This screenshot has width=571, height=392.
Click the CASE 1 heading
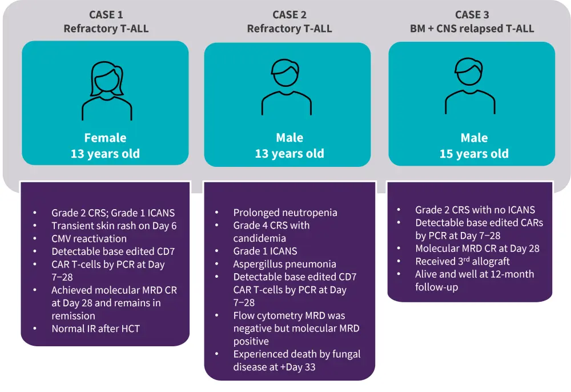pyautogui.click(x=106, y=14)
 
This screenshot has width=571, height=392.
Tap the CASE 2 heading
pyautogui.click(x=289, y=14)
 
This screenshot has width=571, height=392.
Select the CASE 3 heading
pyautogui.click(x=472, y=14)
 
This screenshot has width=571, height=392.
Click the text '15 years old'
pyautogui.click(x=473, y=154)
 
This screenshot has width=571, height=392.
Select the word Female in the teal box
pyautogui.click(x=105, y=138)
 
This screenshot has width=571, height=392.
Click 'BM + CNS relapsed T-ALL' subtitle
pyautogui.click(x=472, y=28)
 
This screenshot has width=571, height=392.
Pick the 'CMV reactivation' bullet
pyautogui.click(x=89, y=238)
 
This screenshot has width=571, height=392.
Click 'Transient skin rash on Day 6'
pyautogui.click(x=114, y=225)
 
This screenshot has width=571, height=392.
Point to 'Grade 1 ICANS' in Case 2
pyautogui.click(x=265, y=251)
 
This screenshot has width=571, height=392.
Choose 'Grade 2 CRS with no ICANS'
pyautogui.click(x=475, y=210)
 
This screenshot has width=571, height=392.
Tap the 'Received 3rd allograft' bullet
pyautogui.click(x=462, y=261)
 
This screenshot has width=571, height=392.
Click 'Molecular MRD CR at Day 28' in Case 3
pyautogui.click(x=477, y=248)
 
